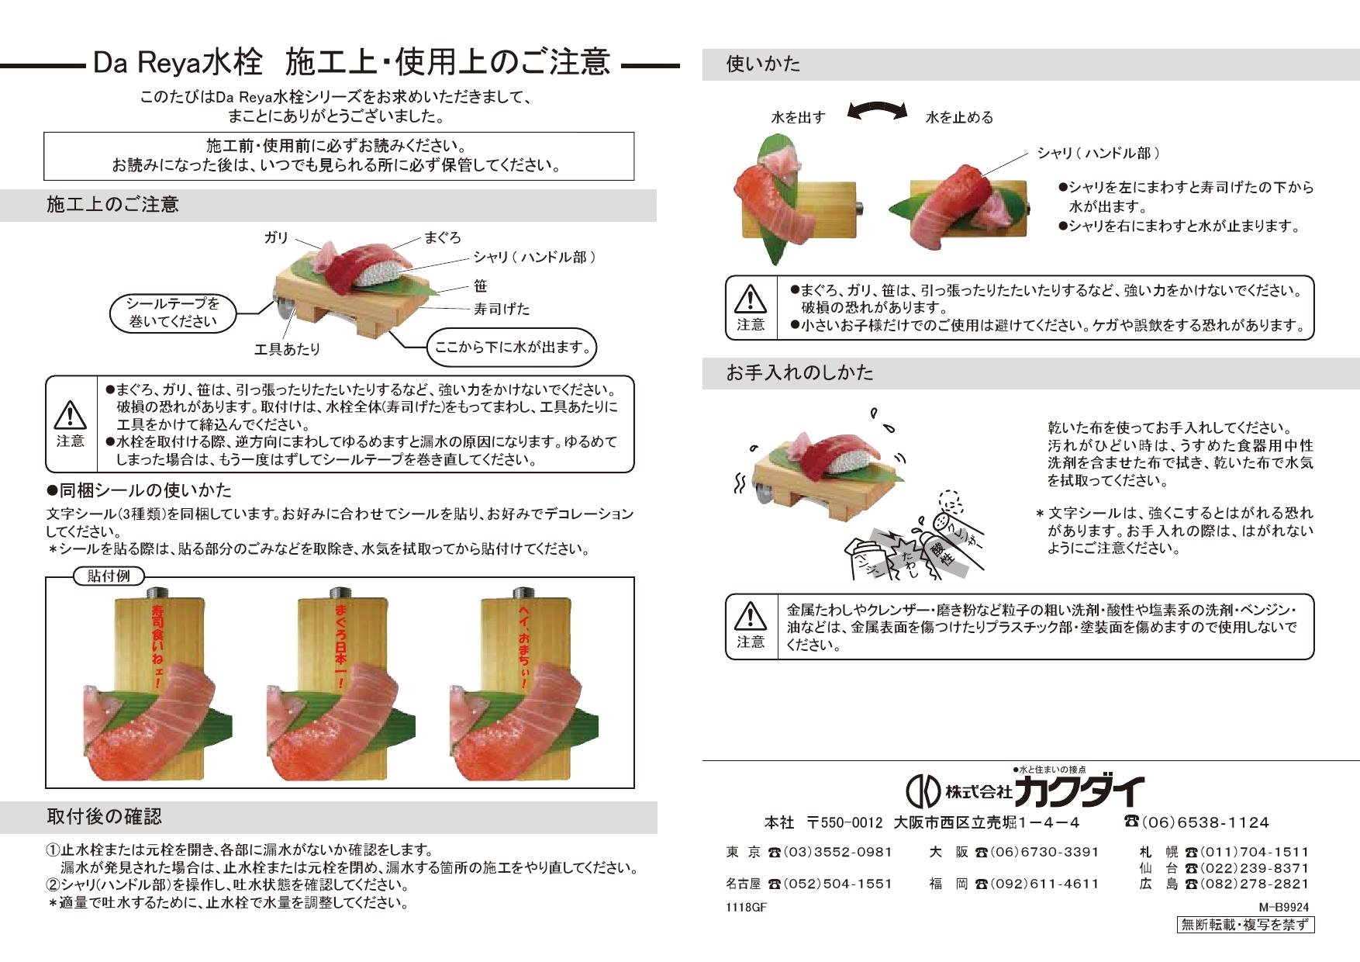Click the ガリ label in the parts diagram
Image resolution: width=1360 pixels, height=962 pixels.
coord(277,238)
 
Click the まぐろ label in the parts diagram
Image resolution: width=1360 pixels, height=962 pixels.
coord(442,237)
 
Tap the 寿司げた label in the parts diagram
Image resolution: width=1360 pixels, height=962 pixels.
coord(501,309)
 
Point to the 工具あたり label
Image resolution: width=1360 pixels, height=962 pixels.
coord(287,349)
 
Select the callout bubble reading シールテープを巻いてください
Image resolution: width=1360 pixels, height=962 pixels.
coord(172,313)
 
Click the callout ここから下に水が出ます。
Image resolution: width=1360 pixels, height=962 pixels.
coord(513,348)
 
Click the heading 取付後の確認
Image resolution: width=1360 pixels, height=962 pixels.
coord(104,817)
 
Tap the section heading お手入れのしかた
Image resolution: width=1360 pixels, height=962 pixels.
coord(799,373)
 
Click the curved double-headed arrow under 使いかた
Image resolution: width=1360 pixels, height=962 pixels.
coord(877,112)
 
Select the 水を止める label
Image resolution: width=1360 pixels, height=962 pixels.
coord(959,118)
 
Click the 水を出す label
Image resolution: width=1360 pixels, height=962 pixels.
coord(797,118)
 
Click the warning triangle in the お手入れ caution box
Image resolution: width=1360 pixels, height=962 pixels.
coord(750,617)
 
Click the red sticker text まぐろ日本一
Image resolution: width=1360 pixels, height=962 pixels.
coord(340,643)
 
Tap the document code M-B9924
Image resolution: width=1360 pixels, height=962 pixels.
coord(1283,906)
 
